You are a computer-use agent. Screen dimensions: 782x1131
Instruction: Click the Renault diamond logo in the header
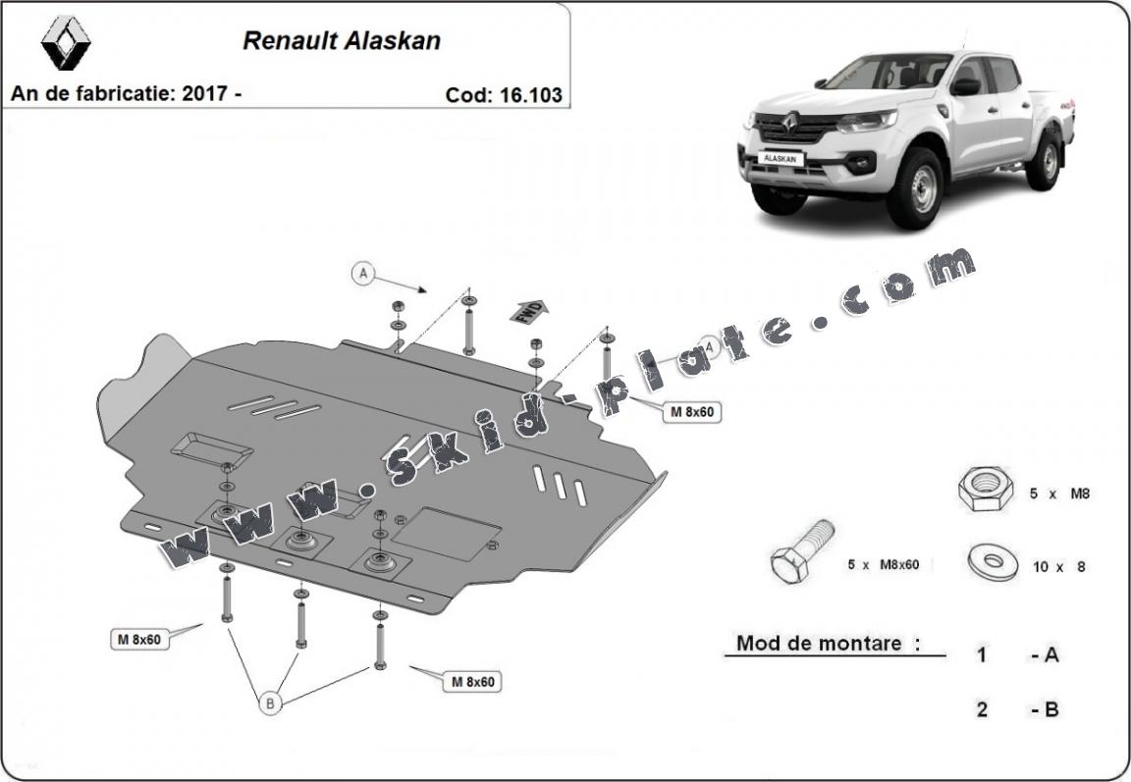click(x=66, y=42)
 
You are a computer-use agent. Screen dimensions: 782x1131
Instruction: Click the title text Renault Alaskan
click(x=342, y=41)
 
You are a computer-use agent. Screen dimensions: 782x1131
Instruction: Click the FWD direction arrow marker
click(x=527, y=311)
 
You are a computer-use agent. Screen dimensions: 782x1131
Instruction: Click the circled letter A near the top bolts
click(x=363, y=274)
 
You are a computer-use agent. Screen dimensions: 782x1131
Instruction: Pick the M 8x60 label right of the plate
click(x=691, y=412)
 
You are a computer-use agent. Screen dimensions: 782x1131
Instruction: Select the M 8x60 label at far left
click(x=138, y=640)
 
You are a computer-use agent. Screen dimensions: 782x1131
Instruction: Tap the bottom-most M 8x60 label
click(x=472, y=681)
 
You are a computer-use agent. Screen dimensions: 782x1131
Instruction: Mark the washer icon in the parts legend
click(x=992, y=561)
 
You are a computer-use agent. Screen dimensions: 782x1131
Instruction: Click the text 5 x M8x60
click(x=883, y=565)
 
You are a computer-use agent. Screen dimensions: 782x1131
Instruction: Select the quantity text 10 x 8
click(x=1058, y=566)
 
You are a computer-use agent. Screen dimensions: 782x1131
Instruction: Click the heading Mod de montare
click(x=828, y=644)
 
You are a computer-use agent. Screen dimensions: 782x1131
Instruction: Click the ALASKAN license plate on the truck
click(x=781, y=158)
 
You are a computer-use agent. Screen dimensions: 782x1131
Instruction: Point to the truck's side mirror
click(x=964, y=86)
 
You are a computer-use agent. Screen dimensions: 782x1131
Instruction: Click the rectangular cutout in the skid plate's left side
click(x=212, y=447)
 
